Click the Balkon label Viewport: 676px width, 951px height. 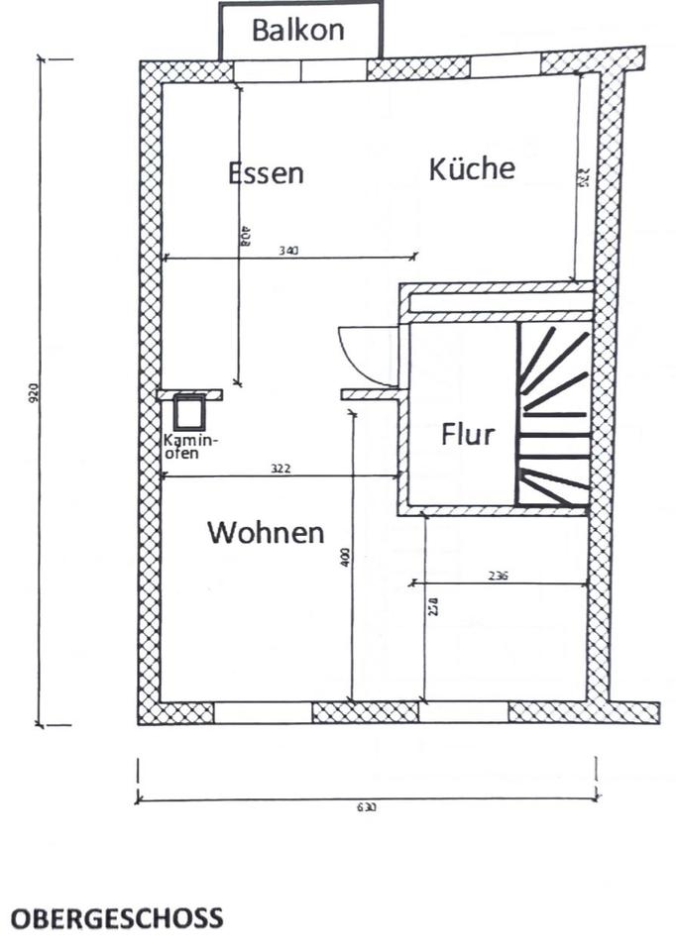pos(298,30)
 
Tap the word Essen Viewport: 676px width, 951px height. pos(266,173)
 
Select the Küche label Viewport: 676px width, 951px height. pos(472,168)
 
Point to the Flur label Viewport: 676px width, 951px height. pos(467,434)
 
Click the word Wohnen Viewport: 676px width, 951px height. pos(266,533)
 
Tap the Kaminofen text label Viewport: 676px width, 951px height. pos(191,446)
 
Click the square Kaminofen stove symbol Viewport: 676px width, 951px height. pos(188,411)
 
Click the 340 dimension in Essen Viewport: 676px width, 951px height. pos(288,252)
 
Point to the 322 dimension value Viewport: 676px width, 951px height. pos(281,469)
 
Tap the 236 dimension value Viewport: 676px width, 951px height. pos(498,576)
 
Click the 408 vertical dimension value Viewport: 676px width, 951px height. pos(245,236)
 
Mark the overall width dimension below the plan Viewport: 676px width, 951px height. pos(366,806)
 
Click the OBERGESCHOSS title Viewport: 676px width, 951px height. pos(117,918)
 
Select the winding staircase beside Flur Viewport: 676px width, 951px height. pos(553,416)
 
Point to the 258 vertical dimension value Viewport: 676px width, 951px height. pos(433,605)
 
